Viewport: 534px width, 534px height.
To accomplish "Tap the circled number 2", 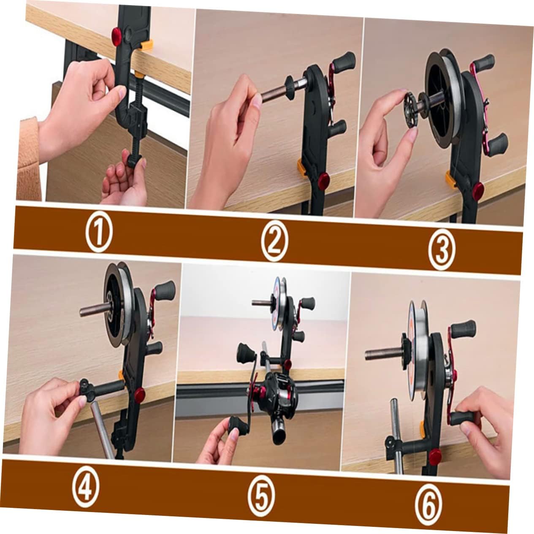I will click(x=274, y=242).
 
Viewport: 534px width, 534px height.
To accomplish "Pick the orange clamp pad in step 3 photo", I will click(x=450, y=179).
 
